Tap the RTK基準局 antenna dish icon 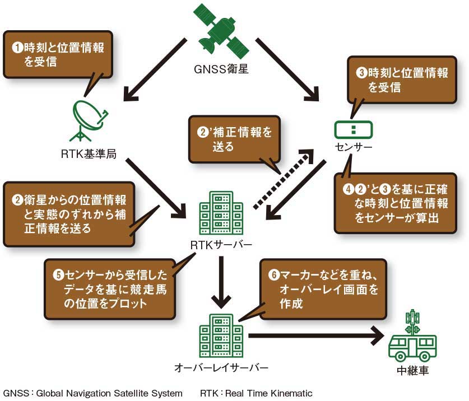89,120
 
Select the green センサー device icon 352,129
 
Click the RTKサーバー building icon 221,212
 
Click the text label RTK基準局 89,153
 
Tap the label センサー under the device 353,148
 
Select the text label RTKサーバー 221,245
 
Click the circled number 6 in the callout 273,275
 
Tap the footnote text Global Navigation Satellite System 109,393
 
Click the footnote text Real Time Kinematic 269,393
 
